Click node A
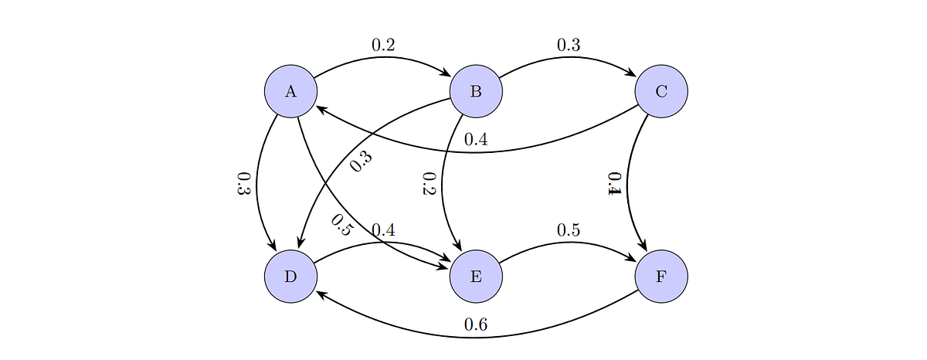[x=290, y=91]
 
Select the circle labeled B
[x=476, y=91]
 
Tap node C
[x=661, y=91]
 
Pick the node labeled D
[x=290, y=276]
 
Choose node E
[x=476, y=276]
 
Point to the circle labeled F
[x=661, y=276]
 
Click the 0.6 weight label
[x=476, y=325]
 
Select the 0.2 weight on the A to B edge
[x=383, y=46]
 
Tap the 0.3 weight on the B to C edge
[x=569, y=46]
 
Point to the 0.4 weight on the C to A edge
[x=476, y=141]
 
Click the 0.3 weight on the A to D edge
[x=243, y=184]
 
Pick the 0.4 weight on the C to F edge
[x=613, y=184]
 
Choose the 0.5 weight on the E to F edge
[x=569, y=230]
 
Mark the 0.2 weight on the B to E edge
[x=428, y=184]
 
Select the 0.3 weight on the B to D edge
[x=361, y=161]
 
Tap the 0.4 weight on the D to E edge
[x=383, y=230]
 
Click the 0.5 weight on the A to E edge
[x=340, y=225]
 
